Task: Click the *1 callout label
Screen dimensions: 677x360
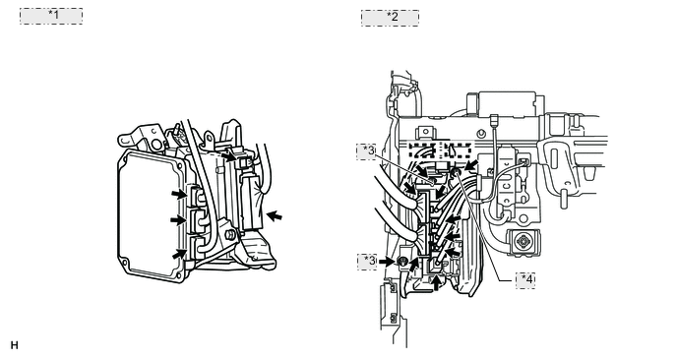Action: coord(51,16)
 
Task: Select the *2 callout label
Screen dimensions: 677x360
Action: coord(390,18)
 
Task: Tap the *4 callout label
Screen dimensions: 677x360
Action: coord(525,280)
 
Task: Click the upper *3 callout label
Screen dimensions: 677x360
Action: coord(367,151)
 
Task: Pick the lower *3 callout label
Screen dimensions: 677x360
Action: coord(367,262)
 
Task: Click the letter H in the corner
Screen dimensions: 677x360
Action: coord(14,345)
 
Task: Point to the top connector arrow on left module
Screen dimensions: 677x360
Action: coord(179,194)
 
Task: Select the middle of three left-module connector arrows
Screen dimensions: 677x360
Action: coord(178,220)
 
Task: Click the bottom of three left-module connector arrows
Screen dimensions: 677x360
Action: coord(180,254)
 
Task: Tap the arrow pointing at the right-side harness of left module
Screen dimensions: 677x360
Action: coord(275,215)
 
